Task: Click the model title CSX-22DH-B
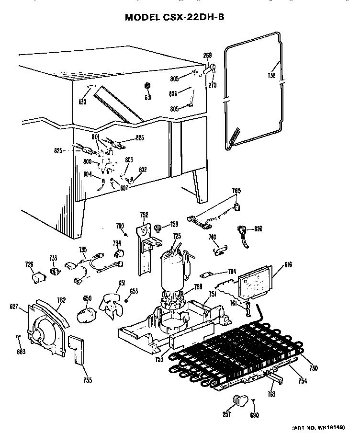(174, 17)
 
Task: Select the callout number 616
(288, 265)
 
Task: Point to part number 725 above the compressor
(177, 236)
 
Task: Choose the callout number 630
(82, 102)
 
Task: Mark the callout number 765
(236, 191)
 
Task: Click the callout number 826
(258, 228)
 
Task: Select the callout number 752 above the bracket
(144, 215)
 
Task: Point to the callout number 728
(29, 264)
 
